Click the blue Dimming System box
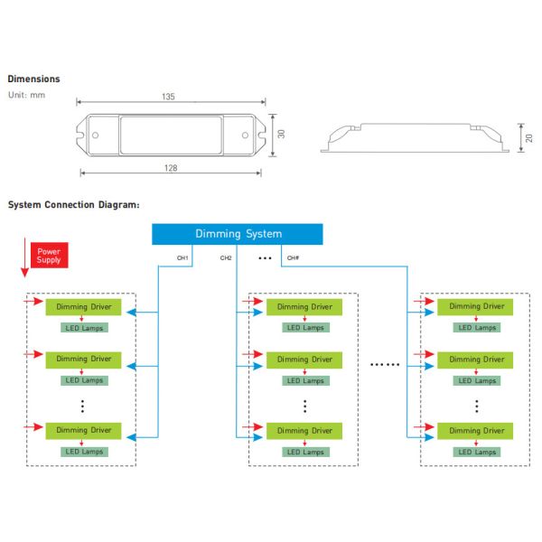tap(238, 234)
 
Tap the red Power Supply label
tap(48, 254)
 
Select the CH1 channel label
tap(182, 258)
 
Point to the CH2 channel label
tap(226, 258)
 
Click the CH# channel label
tap(292, 258)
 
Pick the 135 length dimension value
tap(169, 96)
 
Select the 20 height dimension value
tap(529, 137)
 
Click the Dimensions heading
tap(33, 79)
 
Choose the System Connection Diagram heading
tap(73, 205)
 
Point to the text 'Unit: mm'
tap(26, 95)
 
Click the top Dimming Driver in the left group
tap(83, 306)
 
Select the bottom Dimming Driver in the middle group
tap(304, 431)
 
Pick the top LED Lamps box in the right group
tap(476, 328)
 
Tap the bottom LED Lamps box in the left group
tap(83, 452)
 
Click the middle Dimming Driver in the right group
tap(476, 360)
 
